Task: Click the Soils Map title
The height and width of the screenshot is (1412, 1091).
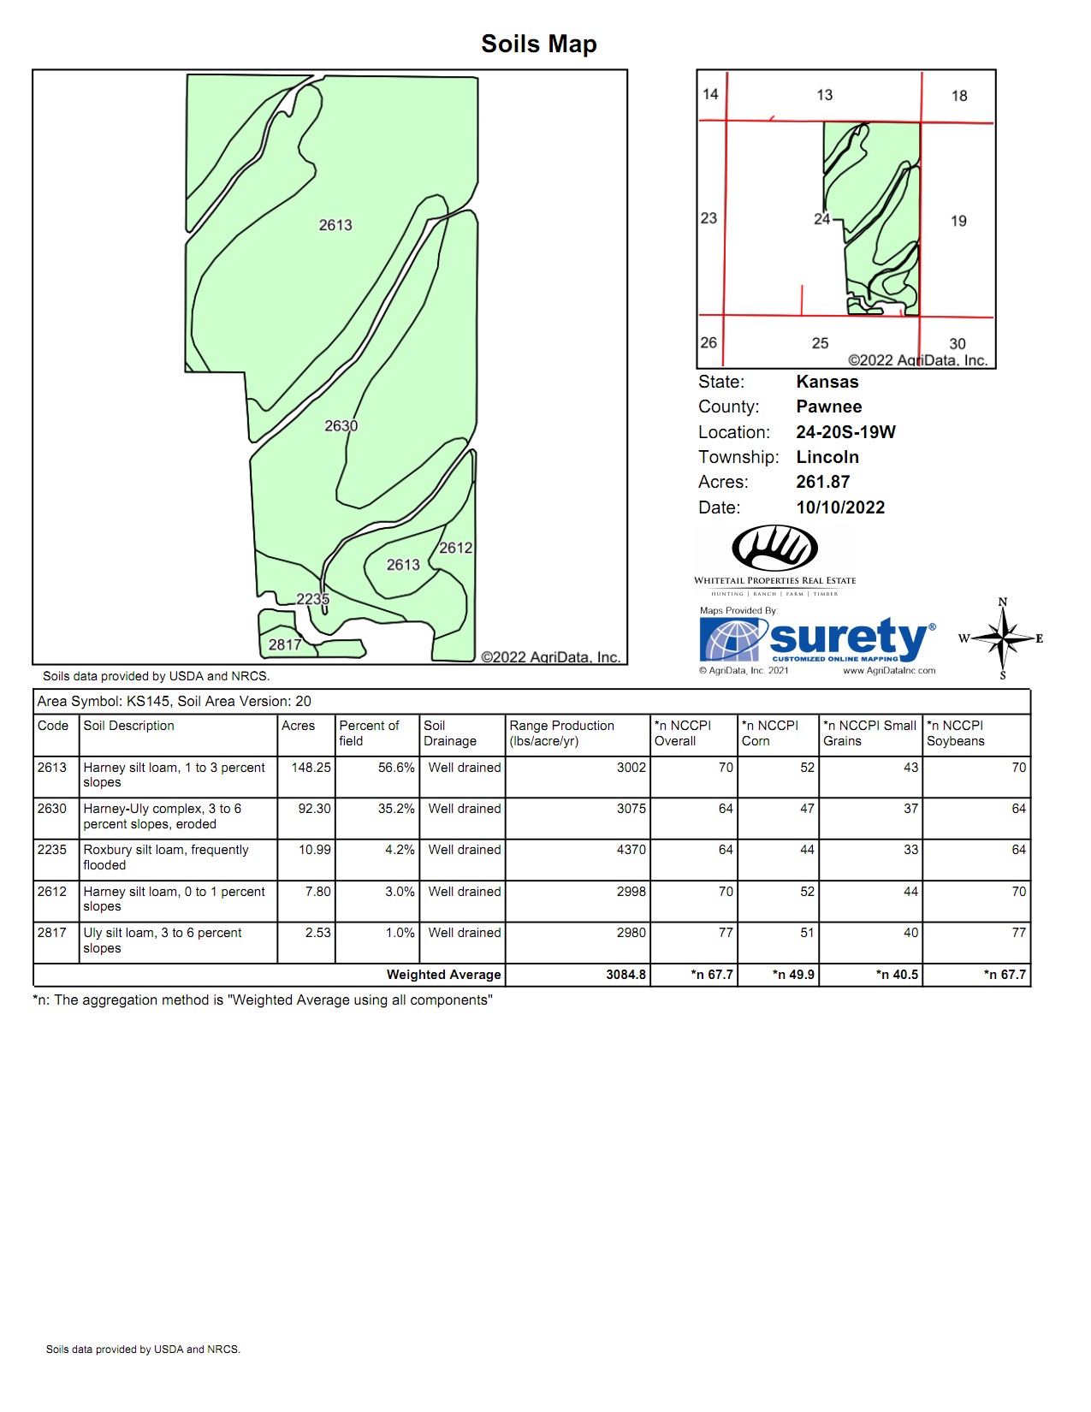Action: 538,44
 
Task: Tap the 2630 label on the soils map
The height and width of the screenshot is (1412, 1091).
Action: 341,425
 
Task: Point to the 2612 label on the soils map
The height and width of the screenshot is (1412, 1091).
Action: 455,548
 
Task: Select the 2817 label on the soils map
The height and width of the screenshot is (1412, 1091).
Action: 284,644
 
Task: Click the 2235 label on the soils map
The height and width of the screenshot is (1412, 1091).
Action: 312,599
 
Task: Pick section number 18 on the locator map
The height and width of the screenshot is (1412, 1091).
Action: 959,96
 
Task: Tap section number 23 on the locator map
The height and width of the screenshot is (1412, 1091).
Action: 709,218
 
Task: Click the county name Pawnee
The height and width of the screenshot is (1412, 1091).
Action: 828,406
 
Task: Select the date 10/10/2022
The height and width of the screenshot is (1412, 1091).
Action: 840,507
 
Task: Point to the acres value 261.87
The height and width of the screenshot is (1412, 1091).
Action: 822,482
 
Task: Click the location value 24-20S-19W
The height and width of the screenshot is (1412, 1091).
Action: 845,432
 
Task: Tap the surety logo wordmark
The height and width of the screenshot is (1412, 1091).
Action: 847,638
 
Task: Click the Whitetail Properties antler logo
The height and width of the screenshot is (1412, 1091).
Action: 774,548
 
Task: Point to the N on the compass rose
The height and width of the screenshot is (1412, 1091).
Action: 1003,602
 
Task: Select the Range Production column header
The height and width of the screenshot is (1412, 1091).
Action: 561,733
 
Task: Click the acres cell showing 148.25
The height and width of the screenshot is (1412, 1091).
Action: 311,768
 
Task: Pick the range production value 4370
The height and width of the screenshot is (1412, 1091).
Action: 631,850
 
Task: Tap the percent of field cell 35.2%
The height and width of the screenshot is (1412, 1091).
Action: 396,809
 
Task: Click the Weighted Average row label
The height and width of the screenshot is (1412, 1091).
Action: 443,975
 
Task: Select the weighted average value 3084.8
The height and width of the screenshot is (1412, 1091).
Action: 626,975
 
